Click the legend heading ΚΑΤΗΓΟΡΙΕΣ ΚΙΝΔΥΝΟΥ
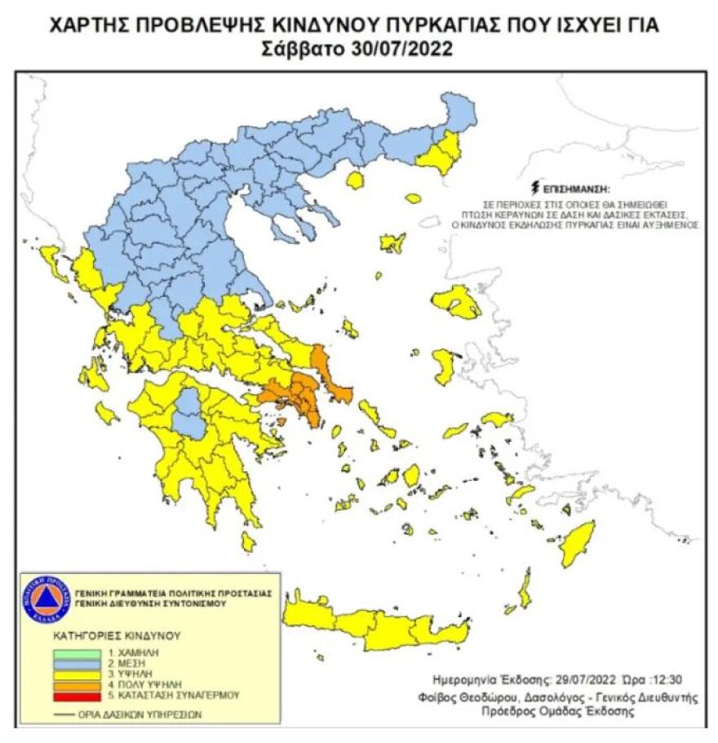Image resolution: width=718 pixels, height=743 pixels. pyautogui.click(x=117, y=634)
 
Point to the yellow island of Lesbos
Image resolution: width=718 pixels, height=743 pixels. pyautogui.click(x=458, y=303)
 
